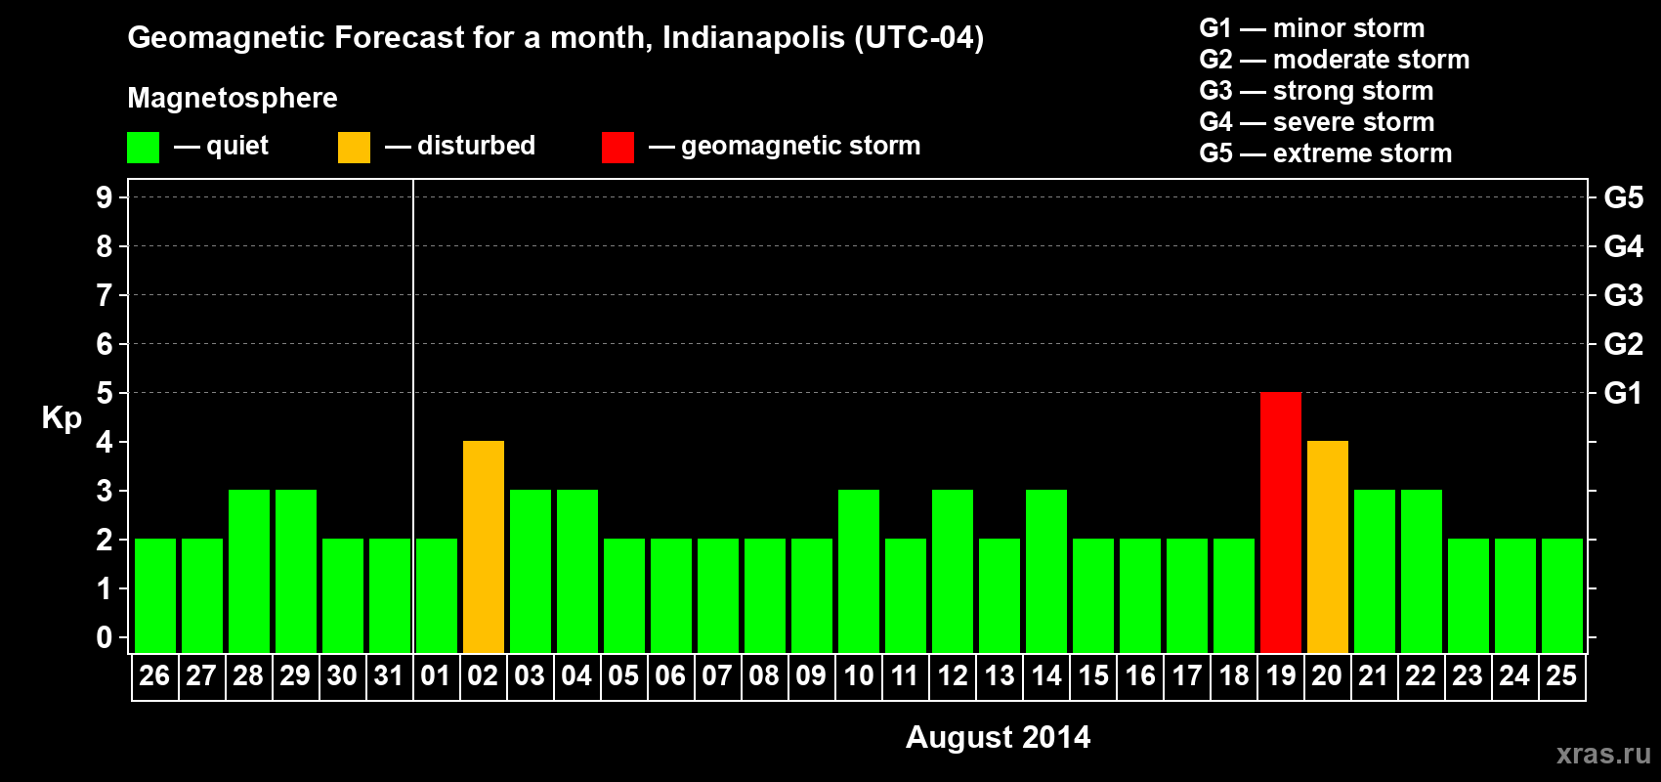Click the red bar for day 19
[1280, 522]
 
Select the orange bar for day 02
[483, 546]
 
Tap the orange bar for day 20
[1327, 546]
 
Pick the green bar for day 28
[248, 571]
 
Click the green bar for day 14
[1045, 571]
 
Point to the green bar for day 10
[858, 571]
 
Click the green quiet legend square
[143, 148]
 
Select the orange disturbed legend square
[354, 148]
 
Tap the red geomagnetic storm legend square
[618, 148]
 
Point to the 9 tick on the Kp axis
[105, 197]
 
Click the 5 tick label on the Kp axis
[105, 393]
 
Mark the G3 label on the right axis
[1623, 295]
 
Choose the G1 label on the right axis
[1623, 393]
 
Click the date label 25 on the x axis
[1561, 675]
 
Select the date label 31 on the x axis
[389, 675]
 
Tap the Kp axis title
[62, 418]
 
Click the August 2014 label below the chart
[998, 737]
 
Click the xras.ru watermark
[1603, 754]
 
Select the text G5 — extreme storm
[1325, 153]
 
